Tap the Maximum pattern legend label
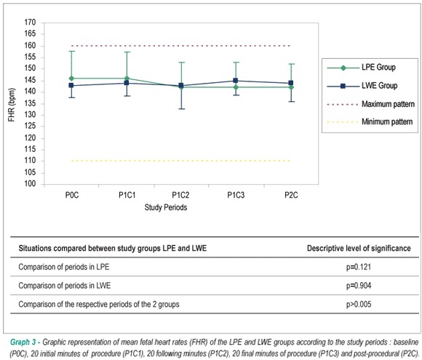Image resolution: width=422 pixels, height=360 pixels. click(x=388, y=104)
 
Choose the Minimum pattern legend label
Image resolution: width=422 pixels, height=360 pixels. click(x=387, y=122)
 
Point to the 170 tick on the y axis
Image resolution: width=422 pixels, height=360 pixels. click(x=30, y=23)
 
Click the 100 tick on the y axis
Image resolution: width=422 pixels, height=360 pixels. click(x=30, y=184)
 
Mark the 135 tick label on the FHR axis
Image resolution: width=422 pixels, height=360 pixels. click(x=30, y=103)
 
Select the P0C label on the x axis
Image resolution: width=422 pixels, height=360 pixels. click(x=72, y=195)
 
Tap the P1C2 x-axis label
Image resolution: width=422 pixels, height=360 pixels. click(x=180, y=195)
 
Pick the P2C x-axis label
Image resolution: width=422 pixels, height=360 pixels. click(x=291, y=195)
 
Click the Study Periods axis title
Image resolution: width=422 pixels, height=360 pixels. click(x=166, y=207)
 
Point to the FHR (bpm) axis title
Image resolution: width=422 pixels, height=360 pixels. click(x=12, y=105)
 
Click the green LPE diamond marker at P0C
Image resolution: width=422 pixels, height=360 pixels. click(x=71, y=79)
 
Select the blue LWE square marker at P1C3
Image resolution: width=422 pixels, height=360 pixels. click(x=236, y=81)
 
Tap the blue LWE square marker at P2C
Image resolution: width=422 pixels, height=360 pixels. click(x=291, y=83)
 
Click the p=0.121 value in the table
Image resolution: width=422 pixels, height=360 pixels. click(x=359, y=267)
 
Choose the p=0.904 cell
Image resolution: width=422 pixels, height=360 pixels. click(x=359, y=286)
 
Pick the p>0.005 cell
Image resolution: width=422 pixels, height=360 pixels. click(x=359, y=304)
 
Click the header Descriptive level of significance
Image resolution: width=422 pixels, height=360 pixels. click(x=359, y=248)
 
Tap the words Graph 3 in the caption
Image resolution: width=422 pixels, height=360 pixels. click(x=23, y=343)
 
